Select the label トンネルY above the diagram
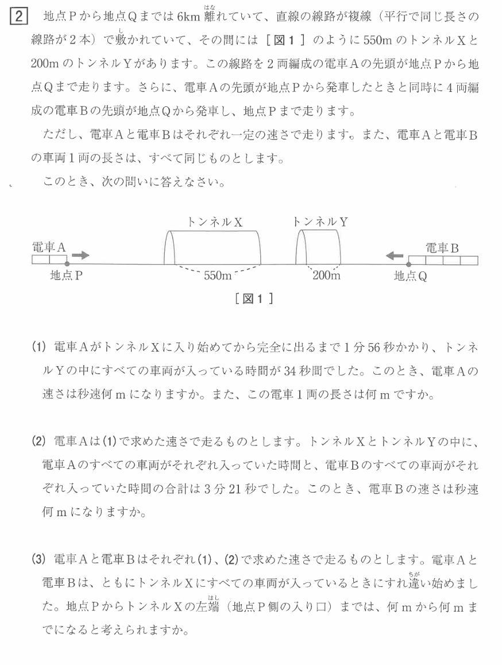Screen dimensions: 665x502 (319, 221)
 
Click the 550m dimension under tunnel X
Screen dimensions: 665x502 (218, 275)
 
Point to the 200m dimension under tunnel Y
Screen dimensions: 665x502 (326, 275)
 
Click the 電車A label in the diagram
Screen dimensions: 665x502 (49, 247)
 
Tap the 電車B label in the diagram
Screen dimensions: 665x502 (442, 248)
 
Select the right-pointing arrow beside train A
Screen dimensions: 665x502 (81, 255)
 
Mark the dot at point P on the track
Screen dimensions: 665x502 (67, 264)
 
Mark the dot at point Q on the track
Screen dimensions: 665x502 (408, 264)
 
